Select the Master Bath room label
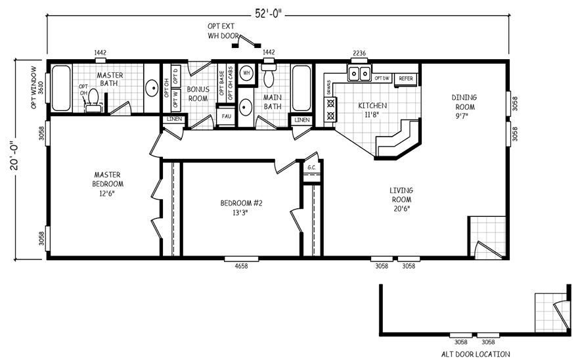110,79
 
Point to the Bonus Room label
197,94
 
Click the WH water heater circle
247,73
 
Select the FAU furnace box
226,116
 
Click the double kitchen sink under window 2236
359,73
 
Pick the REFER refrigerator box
406,78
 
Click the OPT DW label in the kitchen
382,78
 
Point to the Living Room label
402,199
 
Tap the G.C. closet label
311,167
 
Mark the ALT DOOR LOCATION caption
475,353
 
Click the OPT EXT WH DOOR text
221,31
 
